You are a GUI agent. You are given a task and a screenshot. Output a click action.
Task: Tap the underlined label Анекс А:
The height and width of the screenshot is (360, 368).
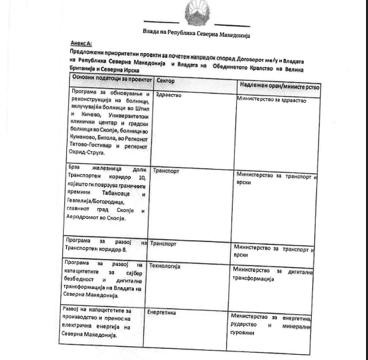(x=81, y=44)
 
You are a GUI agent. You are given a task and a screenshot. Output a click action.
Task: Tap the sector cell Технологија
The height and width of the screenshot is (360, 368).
(x=166, y=266)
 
